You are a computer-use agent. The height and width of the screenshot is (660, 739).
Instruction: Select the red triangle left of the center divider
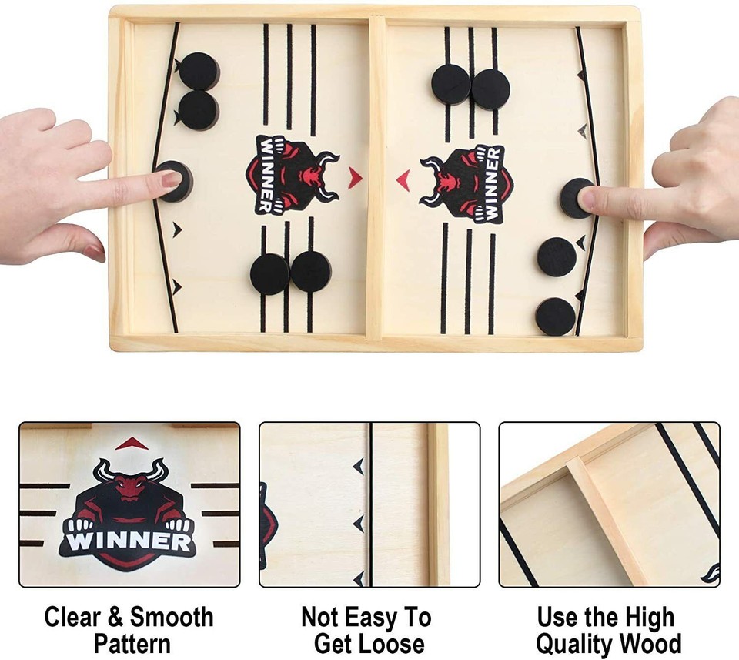355,179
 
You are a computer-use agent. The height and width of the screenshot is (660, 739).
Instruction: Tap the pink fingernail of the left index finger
171,179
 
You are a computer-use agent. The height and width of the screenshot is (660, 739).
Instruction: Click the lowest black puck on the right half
556,316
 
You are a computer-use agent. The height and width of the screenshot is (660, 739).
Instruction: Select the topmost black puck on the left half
199,72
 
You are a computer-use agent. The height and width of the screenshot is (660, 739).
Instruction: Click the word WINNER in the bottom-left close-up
129,540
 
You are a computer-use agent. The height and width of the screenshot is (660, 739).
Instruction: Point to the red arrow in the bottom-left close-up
131,443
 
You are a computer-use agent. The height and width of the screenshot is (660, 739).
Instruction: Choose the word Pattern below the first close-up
129,644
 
